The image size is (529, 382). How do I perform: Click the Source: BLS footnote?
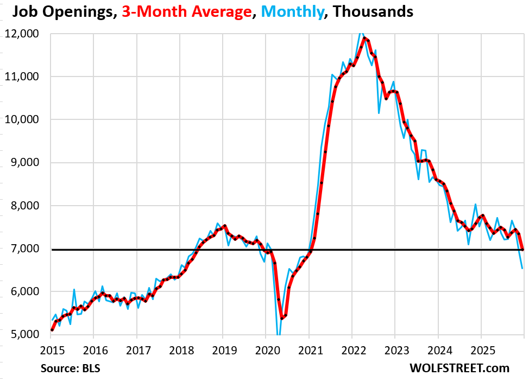(70, 368)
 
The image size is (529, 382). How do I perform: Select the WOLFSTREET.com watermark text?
(459, 368)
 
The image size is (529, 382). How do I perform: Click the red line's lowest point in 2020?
(282, 318)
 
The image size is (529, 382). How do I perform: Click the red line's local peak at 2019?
(224, 226)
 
